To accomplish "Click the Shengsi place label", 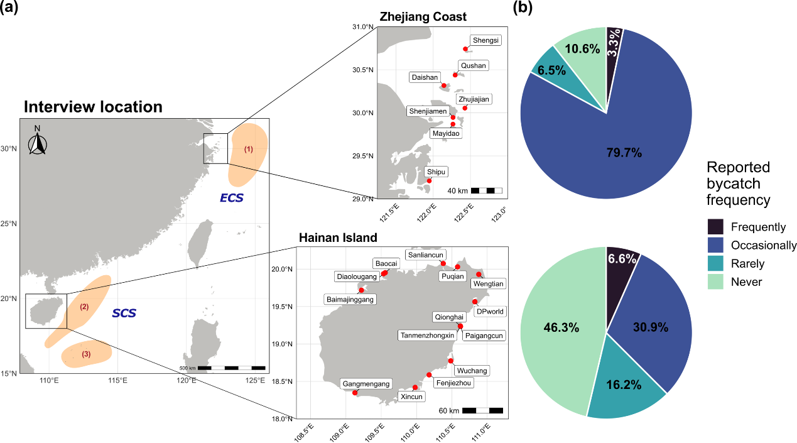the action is [x=485, y=40].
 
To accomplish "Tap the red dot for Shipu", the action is [x=429, y=181].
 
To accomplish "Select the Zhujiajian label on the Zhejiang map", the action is [x=474, y=99].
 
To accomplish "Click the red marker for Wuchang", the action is [x=451, y=361].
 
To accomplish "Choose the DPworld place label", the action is [x=490, y=311].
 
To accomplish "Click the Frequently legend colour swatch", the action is [x=715, y=227].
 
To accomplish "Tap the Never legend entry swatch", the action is [x=715, y=282].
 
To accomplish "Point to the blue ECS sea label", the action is [x=232, y=198].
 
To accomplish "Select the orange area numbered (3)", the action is [x=87, y=354].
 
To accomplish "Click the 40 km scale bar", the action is [x=486, y=190].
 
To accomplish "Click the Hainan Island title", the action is [x=338, y=238].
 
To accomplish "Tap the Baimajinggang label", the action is [x=350, y=299].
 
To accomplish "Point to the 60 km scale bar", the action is [x=482, y=410].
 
